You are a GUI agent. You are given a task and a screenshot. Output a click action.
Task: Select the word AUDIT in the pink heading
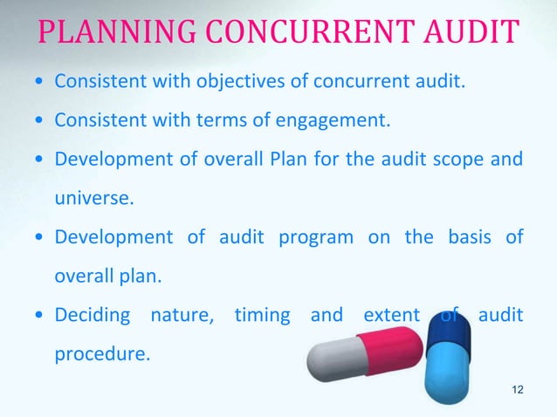[462, 35]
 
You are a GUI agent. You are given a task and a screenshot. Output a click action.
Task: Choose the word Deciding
[93, 314]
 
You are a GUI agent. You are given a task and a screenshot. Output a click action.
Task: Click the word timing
[262, 314]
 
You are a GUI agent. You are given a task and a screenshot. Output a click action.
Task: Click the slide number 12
[518, 389]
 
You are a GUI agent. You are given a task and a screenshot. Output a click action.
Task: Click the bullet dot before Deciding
[38, 314]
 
